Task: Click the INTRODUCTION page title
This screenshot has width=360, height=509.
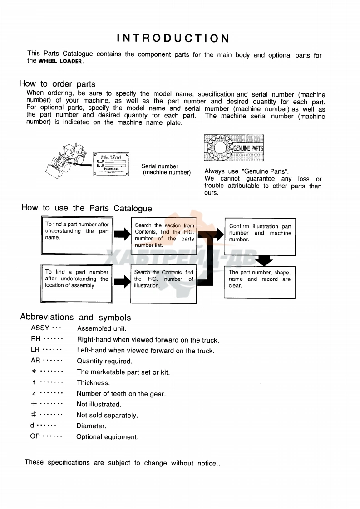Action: tap(173, 38)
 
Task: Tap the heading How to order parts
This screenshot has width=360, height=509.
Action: tap(57, 84)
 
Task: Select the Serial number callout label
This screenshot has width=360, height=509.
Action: tap(160, 166)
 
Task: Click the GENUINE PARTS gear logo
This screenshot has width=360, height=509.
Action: tap(234, 148)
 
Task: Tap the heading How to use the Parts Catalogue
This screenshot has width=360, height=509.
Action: tap(87, 208)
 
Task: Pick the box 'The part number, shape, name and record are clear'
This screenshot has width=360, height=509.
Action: tap(260, 282)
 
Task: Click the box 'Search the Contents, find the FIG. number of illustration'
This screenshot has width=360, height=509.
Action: tap(164, 283)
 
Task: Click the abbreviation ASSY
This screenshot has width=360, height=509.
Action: tap(40, 328)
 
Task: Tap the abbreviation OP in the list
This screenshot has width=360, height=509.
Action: tap(35, 436)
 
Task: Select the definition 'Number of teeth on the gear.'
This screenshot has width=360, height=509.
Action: tap(121, 394)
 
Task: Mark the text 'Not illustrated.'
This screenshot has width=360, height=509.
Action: tap(99, 404)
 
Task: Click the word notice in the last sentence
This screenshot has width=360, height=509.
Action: tap(207, 463)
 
